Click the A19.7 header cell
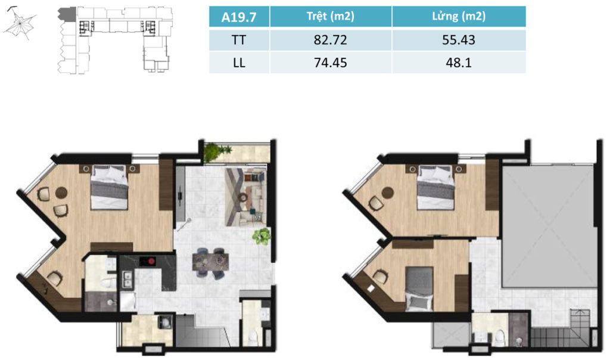tap(239, 17)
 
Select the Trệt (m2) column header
tap(330, 16)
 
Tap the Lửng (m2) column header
tap(459, 16)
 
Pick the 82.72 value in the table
tap(330, 40)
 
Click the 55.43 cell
tap(459, 40)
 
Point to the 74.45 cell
tap(330, 63)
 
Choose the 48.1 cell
tap(459, 63)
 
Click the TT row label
tap(239, 40)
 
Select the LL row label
tap(239, 63)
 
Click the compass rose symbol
tap(20, 24)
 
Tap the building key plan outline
tap(116, 39)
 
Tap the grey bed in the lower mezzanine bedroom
tap(419, 288)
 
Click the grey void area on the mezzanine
tap(548, 226)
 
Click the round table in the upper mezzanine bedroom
tap(388, 193)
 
